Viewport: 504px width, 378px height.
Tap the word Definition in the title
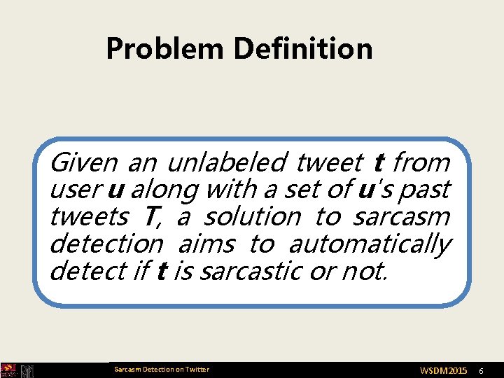pos(303,49)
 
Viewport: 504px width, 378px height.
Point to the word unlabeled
pos(226,163)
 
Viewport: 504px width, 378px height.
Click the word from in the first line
pos(421,163)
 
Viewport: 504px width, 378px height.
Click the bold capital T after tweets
pos(150,217)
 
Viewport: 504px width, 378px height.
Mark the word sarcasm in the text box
pos(401,217)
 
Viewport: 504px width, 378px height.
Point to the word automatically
pos(369,244)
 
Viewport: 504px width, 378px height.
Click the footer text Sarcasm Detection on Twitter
pos(161,369)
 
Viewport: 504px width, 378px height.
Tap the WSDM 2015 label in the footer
pos(443,370)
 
